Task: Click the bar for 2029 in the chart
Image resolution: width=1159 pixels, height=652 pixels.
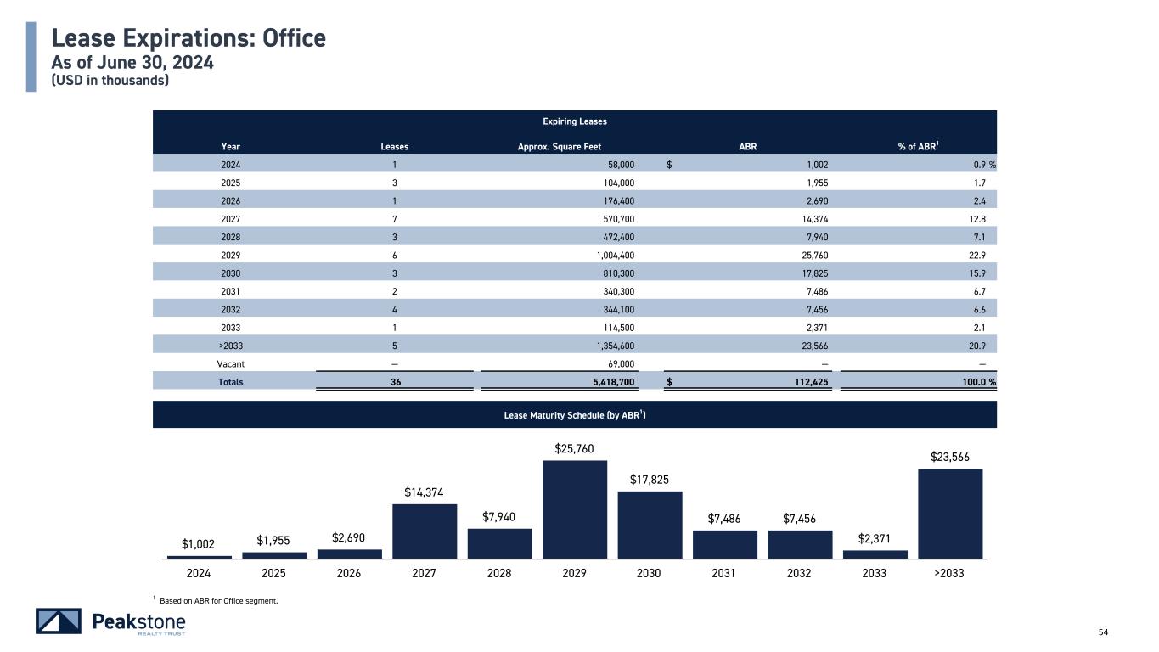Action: [575, 509]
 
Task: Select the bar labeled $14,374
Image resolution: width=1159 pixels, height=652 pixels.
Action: [425, 531]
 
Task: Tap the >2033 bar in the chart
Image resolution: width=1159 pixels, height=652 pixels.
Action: [950, 513]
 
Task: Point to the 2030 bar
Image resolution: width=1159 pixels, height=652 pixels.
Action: [650, 525]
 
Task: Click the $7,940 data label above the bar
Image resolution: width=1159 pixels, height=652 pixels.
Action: [499, 517]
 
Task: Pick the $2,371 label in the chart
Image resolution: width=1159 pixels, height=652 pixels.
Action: [875, 538]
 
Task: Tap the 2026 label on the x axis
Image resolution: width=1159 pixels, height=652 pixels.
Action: [349, 573]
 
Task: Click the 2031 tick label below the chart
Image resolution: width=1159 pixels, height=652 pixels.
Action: [723, 573]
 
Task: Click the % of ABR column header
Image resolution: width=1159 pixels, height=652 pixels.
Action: [918, 146]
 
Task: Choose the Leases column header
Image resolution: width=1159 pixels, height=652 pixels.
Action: [394, 146]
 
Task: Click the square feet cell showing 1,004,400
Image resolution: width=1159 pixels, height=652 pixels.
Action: [609, 254]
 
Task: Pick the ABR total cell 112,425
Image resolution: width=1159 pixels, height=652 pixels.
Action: [806, 382]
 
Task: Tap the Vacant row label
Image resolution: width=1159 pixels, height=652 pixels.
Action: [231, 363]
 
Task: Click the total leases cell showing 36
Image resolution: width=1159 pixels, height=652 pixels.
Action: [395, 382]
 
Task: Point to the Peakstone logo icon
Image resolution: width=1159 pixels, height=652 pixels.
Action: [59, 621]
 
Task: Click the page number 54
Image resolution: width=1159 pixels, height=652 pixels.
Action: [1104, 632]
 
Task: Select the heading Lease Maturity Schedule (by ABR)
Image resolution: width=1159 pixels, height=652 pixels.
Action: [575, 415]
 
